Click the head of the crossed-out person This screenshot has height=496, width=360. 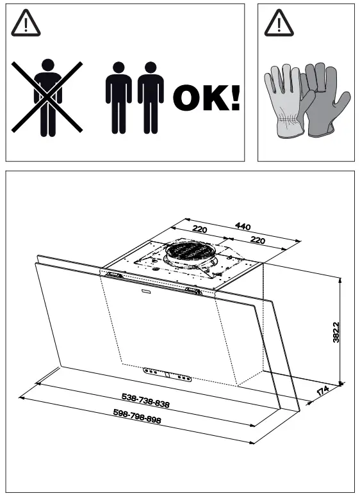click(x=47, y=66)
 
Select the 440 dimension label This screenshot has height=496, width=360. click(x=243, y=226)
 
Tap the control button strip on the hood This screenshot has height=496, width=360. click(x=167, y=374)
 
